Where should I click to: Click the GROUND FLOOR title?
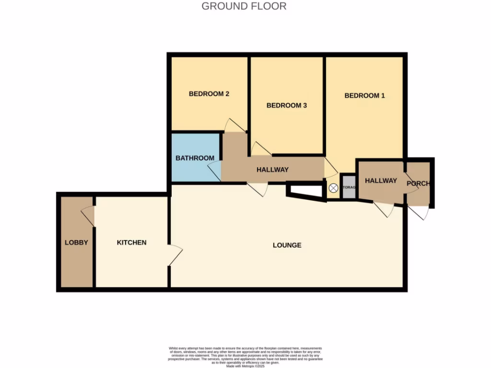coord(244,6)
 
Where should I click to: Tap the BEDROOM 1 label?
coord(364,95)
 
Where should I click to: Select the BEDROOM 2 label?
coord(209,93)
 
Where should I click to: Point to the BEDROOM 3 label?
coord(286,105)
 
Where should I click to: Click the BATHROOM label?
coord(195,158)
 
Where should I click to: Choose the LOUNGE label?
coord(287,245)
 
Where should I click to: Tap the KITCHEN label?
coord(131,242)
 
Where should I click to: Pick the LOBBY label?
coord(76,242)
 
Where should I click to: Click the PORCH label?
coord(418,184)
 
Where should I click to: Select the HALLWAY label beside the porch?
coord(381,181)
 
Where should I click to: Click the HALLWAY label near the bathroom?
coord(272,170)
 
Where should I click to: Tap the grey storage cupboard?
coord(349,187)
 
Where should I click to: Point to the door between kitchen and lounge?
coord(175,254)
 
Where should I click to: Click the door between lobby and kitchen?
coord(88,216)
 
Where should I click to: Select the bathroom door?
coord(214,171)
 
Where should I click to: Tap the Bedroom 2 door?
coord(234,125)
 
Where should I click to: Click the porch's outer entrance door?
coord(417,212)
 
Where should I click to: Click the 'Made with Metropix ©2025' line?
coord(245,366)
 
